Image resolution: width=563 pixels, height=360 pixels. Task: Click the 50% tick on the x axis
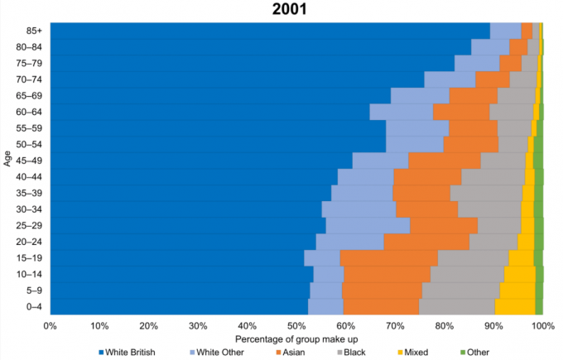296,326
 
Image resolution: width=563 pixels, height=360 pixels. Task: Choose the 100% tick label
542,326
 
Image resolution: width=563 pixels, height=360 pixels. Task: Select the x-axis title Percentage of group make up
296,338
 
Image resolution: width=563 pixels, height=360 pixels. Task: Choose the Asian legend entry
296,353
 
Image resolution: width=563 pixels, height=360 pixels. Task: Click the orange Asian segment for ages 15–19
388,257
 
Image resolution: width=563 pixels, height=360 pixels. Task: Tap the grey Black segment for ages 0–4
457,306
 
